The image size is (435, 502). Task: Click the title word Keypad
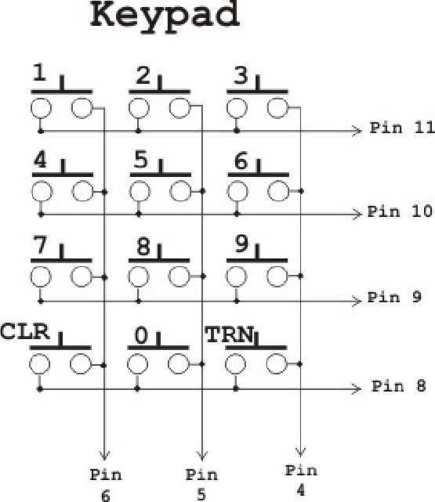coord(165,16)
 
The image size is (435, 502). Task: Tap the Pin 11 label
coord(402,128)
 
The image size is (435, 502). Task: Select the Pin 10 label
coord(400,211)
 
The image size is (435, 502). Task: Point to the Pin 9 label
coord(394,297)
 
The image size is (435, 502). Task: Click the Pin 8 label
coord(398,386)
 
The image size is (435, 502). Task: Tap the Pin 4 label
coord(301,480)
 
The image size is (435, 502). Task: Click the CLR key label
coord(25,331)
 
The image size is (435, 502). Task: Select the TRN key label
coord(230,334)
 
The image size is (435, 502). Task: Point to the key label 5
coord(141,160)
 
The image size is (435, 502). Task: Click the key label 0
coord(141,335)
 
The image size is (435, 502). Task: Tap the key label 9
coord(241,244)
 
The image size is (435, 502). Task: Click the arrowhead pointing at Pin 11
coord(357,131)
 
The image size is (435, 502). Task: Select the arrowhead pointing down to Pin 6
coord(105,455)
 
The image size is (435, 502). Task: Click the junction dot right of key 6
coord(301,191)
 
